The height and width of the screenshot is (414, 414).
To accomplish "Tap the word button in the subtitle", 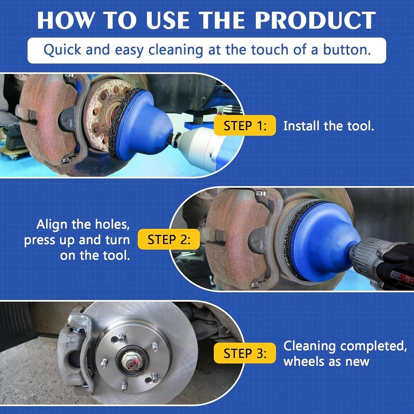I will pyautogui.click(x=347, y=50).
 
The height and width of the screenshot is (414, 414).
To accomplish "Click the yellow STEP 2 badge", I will pyautogui.click(x=169, y=239).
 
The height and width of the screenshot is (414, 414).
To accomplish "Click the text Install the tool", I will pyautogui.click(x=328, y=126).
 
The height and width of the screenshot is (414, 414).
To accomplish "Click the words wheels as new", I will pyautogui.click(x=326, y=361).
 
